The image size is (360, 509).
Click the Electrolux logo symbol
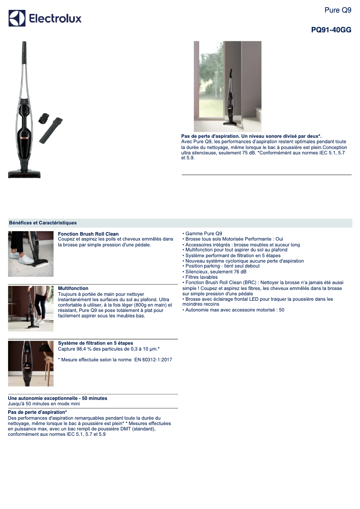[17, 18]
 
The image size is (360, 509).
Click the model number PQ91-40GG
[331, 30]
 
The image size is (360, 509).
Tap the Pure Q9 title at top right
[338, 10]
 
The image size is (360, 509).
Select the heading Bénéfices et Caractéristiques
[43, 223]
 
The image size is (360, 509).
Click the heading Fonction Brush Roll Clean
[88, 234]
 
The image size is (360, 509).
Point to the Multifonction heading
[73, 288]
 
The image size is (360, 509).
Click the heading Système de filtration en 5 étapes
[96, 343]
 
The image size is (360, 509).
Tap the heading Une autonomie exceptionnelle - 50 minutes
[57, 398]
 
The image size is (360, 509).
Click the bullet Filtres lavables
[202, 277]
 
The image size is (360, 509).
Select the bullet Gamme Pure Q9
[203, 233]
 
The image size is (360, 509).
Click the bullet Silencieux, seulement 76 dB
[216, 272]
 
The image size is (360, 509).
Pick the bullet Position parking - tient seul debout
[222, 266]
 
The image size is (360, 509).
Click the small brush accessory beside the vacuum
[44, 119]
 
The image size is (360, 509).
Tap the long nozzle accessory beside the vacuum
[50, 131]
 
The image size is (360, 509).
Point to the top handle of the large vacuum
[23, 52]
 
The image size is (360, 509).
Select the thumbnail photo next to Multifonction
[31, 308]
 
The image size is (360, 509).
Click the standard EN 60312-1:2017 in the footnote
[153, 360]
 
